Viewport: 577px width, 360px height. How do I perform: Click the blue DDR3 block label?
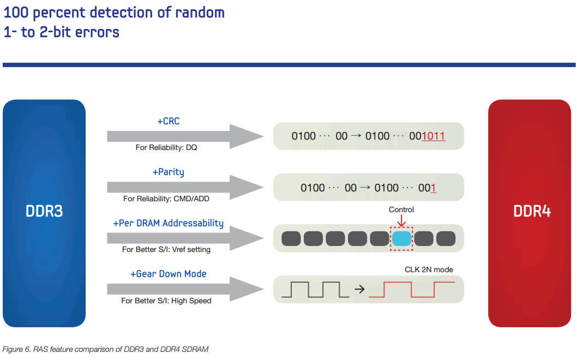(x=44, y=211)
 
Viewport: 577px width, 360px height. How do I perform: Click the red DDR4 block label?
(x=532, y=211)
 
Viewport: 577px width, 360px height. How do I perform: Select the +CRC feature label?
(x=169, y=121)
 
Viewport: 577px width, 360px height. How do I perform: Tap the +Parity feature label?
(x=169, y=172)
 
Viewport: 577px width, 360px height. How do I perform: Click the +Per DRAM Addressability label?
(x=168, y=224)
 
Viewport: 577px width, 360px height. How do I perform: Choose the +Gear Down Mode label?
(x=168, y=274)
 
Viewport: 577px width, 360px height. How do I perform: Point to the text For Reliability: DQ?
(x=166, y=147)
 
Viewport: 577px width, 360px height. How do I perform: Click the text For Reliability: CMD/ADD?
(x=166, y=199)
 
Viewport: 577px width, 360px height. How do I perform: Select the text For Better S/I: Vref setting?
(x=166, y=249)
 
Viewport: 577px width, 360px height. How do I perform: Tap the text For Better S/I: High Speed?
(x=166, y=301)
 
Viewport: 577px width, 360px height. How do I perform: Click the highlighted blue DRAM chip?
(x=401, y=238)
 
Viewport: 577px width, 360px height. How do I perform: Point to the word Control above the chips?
(x=401, y=209)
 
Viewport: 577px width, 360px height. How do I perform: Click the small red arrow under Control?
(x=401, y=220)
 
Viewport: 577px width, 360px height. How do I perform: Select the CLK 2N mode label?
(x=429, y=269)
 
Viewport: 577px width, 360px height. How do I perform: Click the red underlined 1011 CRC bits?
(x=434, y=136)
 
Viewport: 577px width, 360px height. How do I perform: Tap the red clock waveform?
(x=412, y=290)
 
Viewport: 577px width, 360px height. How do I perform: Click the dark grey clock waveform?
(x=315, y=290)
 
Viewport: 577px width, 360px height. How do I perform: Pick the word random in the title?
(x=200, y=13)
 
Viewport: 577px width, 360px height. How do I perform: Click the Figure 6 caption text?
(x=106, y=349)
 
